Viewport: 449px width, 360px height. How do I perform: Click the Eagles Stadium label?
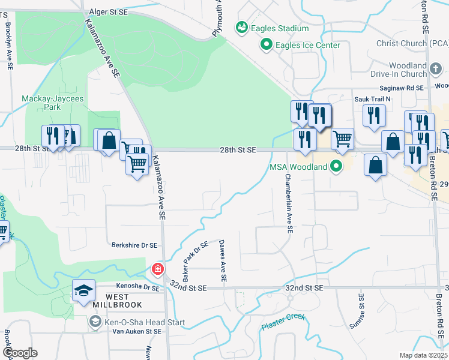[280, 28]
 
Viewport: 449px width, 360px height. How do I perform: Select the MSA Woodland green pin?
[336, 166]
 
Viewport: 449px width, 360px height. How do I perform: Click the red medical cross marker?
[158, 269]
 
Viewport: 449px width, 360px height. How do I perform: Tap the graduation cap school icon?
[83, 291]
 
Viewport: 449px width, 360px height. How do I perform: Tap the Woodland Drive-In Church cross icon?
[437, 70]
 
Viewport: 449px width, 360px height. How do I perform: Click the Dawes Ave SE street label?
[223, 261]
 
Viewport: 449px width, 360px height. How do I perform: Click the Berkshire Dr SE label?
[134, 245]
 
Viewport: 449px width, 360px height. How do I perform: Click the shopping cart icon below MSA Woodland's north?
[342, 139]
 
